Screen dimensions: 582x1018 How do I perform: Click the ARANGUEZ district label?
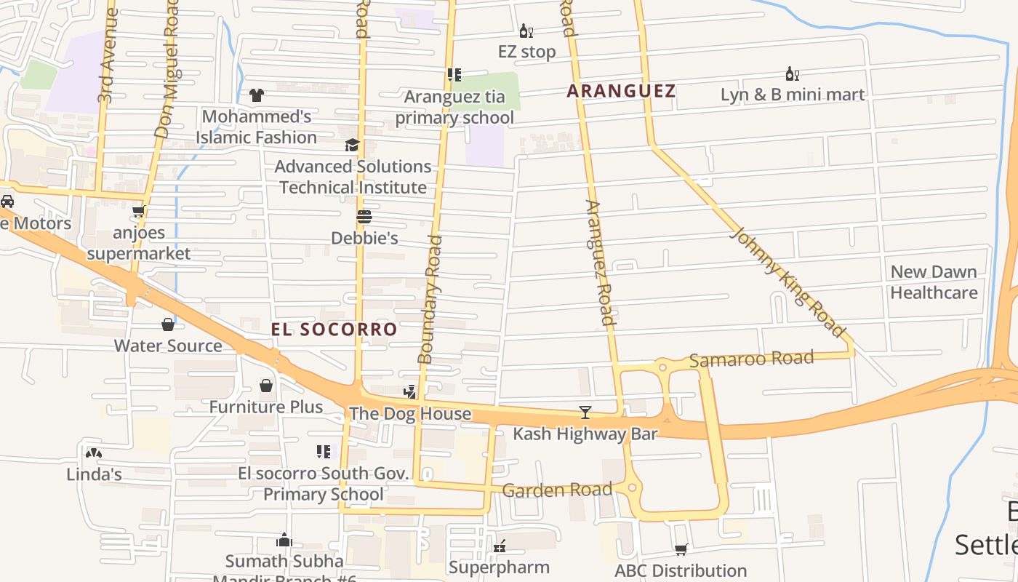[621, 91]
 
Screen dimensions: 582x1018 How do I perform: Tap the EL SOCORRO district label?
[334, 329]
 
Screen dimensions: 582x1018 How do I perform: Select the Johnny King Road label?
[788, 282]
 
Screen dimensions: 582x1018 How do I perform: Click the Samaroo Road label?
[751, 359]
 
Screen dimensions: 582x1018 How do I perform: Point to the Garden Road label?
[557, 490]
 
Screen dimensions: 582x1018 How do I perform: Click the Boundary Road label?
[430, 299]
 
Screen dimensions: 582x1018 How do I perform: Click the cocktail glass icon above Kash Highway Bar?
[585, 412]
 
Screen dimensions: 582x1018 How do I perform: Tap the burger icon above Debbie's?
[364, 217]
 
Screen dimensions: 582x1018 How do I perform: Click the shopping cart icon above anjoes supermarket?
[139, 212]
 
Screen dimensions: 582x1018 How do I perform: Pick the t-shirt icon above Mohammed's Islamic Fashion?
[257, 95]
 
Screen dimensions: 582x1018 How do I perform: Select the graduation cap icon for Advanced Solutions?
[352, 145]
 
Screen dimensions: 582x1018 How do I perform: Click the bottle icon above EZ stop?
[526, 31]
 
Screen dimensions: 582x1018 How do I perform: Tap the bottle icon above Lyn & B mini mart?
[792, 73]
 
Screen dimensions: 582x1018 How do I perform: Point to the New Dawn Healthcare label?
[934, 282]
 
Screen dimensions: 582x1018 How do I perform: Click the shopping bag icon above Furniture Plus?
[266, 385]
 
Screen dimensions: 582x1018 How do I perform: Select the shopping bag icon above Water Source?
[168, 324]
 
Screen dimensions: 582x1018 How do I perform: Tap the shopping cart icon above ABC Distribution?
[681, 549]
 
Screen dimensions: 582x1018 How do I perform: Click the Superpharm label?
[499, 566]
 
